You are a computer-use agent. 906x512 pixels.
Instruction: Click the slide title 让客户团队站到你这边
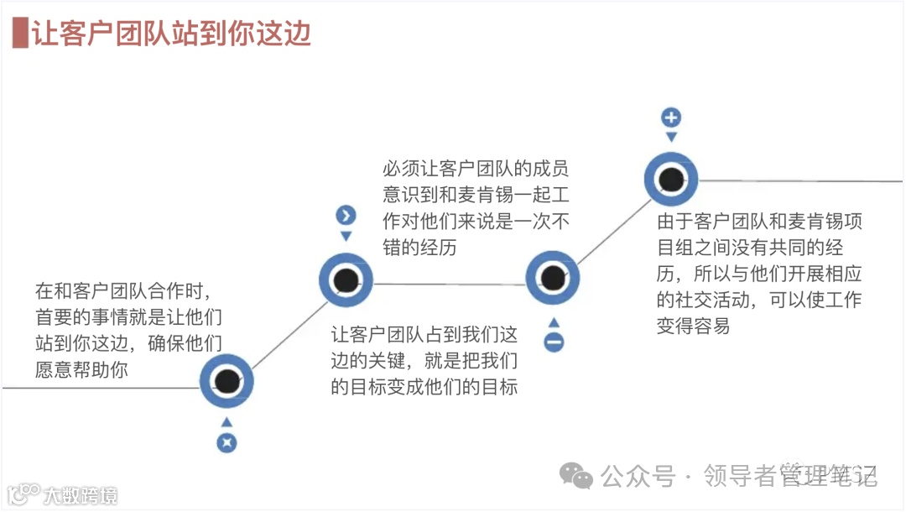(x=171, y=33)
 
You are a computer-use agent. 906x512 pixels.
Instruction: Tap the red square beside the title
(x=20, y=33)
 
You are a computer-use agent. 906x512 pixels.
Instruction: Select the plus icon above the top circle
(x=671, y=117)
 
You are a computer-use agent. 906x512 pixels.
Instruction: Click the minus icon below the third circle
(x=554, y=342)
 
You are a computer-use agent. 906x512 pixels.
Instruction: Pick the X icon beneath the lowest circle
(x=226, y=443)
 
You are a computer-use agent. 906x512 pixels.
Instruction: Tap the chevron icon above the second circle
(x=346, y=216)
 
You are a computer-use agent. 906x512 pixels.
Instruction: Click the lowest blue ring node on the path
(x=226, y=382)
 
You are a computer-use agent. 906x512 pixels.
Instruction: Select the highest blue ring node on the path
(x=671, y=179)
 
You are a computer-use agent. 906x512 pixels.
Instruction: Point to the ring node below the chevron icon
(x=346, y=280)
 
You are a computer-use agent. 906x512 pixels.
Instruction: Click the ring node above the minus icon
(x=553, y=278)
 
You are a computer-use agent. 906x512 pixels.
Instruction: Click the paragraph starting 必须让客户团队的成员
(x=476, y=209)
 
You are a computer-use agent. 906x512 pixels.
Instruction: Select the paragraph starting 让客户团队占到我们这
(x=424, y=360)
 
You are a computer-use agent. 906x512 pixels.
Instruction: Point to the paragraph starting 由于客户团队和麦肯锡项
(x=759, y=274)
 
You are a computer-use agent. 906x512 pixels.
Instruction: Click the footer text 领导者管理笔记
(x=790, y=476)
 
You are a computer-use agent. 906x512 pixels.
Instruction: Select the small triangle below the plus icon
(x=671, y=138)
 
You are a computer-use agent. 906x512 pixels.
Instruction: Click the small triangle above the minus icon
(x=554, y=322)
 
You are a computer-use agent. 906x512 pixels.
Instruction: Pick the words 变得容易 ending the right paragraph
(x=693, y=326)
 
